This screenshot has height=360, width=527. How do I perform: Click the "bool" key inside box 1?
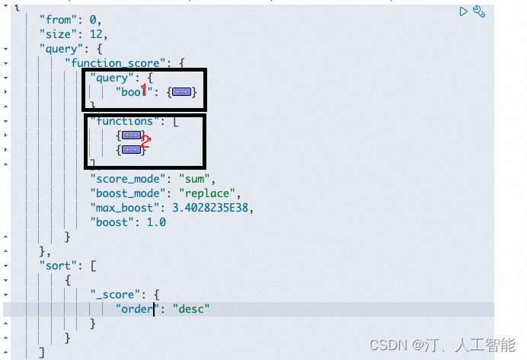coord(135,92)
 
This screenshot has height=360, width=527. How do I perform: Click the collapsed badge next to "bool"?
coord(181,92)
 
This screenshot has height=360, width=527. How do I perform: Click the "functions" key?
coord(122,121)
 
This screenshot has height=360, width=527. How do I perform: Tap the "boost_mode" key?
coord(126,193)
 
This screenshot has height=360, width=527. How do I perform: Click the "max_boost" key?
coord(123,208)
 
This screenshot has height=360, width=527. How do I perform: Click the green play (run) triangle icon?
coord(463,11)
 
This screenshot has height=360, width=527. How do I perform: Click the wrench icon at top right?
coord(479,11)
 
